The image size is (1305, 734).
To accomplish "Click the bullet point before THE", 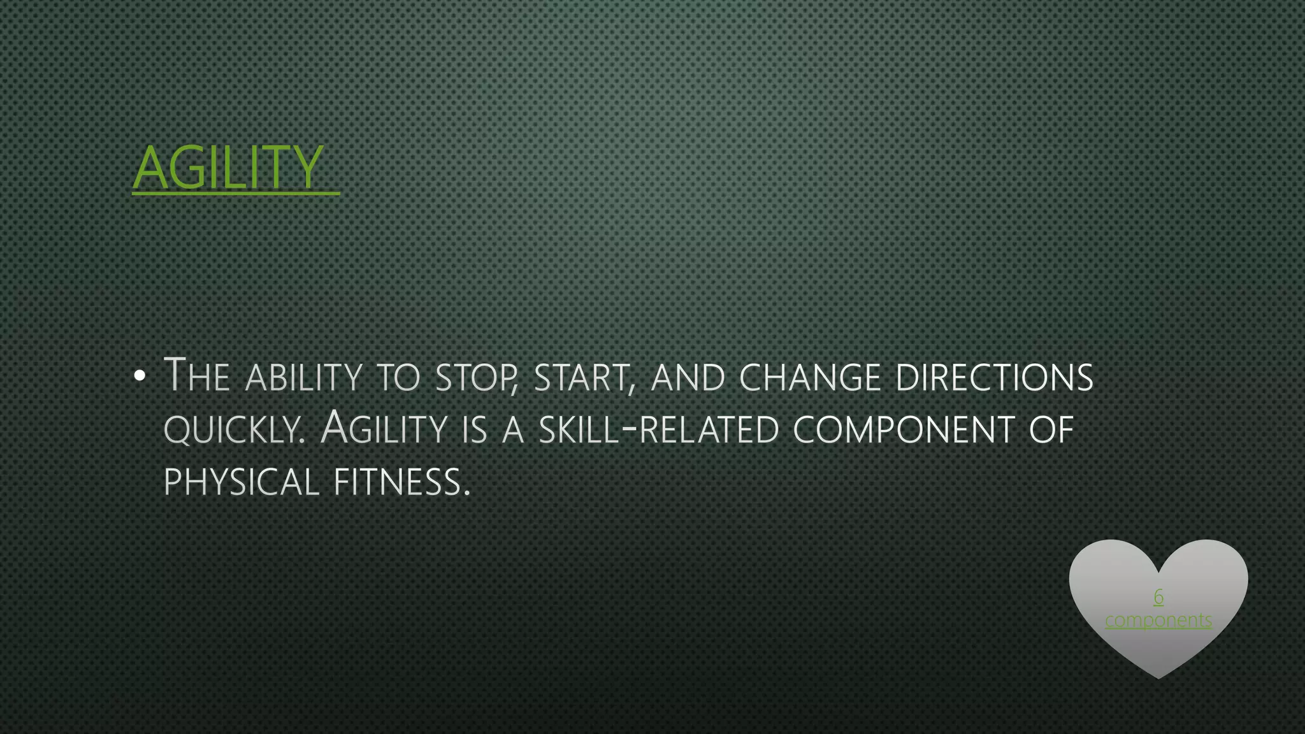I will point(140,376).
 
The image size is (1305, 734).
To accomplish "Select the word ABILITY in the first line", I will point(304,377).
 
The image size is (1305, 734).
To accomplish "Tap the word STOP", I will point(475,377).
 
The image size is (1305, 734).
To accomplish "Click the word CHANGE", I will point(810,377).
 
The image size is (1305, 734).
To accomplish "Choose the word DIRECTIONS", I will point(994,377).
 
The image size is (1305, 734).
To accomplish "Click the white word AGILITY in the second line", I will point(384,428).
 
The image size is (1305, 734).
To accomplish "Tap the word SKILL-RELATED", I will point(659,429).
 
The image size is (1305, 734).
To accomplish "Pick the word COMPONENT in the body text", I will point(904,429).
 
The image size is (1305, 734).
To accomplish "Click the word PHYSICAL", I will point(241,482).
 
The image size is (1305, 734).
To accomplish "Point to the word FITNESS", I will point(401,482).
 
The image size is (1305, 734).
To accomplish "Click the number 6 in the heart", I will point(1158,597).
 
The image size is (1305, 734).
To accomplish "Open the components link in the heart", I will point(1158,620).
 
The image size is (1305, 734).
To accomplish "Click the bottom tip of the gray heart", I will point(1158,676).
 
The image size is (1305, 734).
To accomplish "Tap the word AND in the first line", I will point(688,377).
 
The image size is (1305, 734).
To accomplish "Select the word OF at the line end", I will point(1051,429).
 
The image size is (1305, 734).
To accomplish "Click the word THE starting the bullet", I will point(197,376).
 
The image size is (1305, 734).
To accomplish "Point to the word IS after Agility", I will point(475,429).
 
